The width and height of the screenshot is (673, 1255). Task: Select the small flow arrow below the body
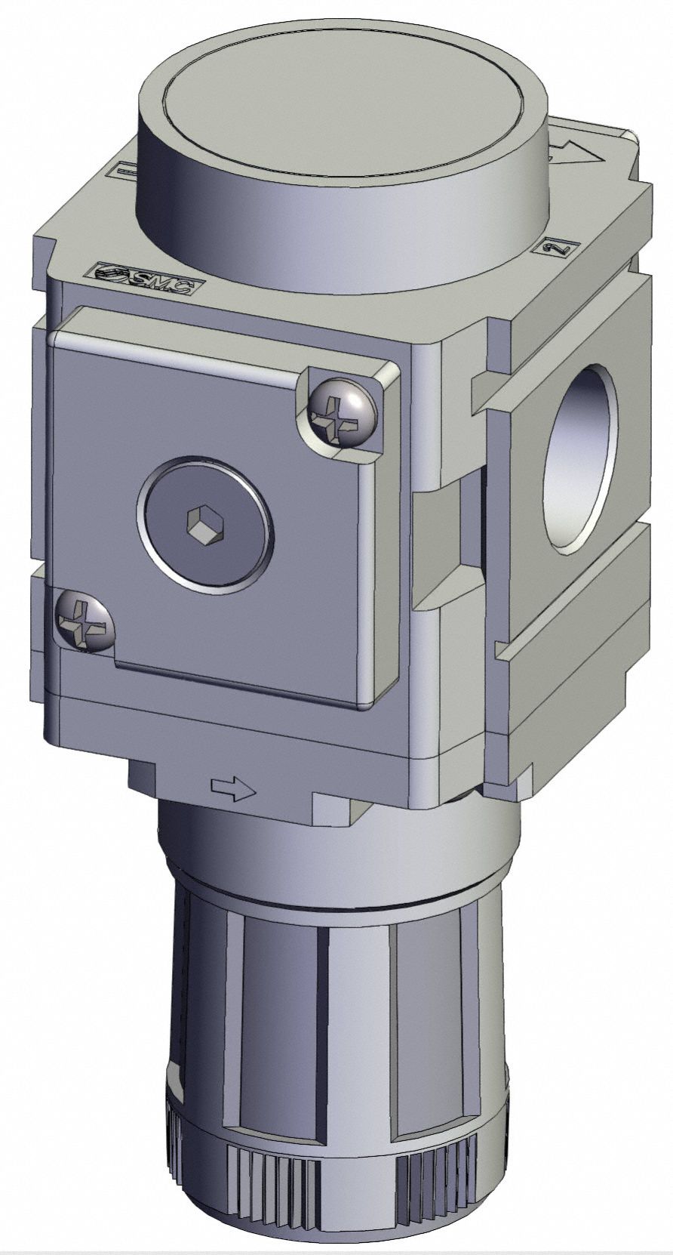point(234,789)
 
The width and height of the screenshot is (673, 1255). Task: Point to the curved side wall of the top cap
point(340,227)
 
